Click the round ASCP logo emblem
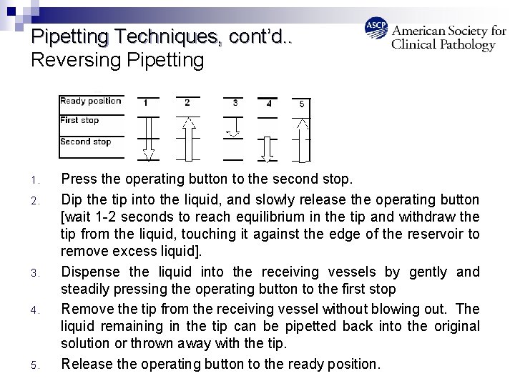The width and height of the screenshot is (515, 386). coord(376,28)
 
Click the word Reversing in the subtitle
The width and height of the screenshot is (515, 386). coord(77,61)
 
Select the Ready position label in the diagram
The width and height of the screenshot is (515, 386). coord(91,101)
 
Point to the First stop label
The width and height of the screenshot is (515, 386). coord(79,120)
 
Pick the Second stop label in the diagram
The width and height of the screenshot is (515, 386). coord(86,142)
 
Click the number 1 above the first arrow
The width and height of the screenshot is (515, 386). coord(145,103)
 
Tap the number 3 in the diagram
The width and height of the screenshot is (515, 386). coord(235,103)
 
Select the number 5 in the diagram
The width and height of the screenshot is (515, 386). coord(302,104)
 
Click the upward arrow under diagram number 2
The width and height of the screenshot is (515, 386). coord(189,139)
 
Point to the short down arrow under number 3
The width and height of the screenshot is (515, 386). coord(233,127)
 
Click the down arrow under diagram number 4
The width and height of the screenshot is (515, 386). coord(267,149)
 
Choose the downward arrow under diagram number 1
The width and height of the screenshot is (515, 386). coord(149,139)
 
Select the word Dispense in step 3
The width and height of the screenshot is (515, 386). coord(90,272)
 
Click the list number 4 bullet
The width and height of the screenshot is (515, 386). coord(35,310)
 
